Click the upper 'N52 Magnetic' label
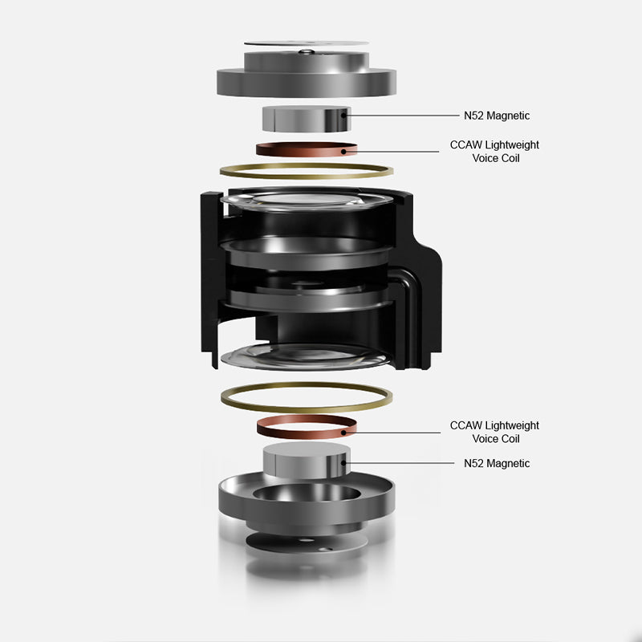click(x=497, y=116)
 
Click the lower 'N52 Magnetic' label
click(x=497, y=464)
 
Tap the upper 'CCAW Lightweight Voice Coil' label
click(x=494, y=152)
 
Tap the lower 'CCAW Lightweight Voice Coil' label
click(x=494, y=432)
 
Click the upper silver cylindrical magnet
click(x=307, y=119)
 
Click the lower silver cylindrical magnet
click(x=307, y=460)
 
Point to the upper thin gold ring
click(x=307, y=177)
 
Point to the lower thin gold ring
click(x=307, y=410)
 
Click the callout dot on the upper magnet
click(x=344, y=116)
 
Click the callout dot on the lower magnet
click(x=344, y=463)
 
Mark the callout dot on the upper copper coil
click(x=343, y=152)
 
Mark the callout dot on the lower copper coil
click(x=343, y=433)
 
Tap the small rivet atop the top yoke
click(x=307, y=51)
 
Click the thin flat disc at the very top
click(x=307, y=43)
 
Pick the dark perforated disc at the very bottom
click(x=307, y=543)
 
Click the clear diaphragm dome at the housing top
click(x=307, y=200)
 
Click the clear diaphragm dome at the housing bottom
click(x=305, y=356)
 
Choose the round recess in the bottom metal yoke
click(x=307, y=493)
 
